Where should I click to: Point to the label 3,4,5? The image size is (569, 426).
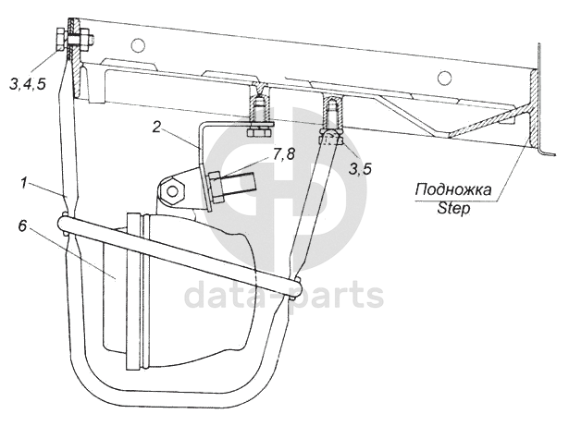(27, 84)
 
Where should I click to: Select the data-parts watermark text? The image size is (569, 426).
(284, 296)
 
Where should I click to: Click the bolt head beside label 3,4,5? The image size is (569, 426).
(59, 38)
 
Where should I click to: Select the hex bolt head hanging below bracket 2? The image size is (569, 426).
(258, 128)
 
